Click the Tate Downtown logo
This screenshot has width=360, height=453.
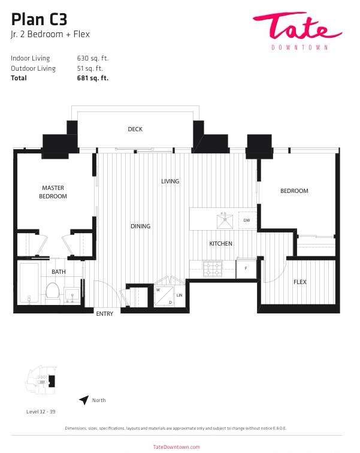pyautogui.click(x=297, y=31)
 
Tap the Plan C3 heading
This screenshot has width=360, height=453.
pyautogui.click(x=39, y=19)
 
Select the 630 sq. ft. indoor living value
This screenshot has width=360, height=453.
pyautogui.click(x=93, y=58)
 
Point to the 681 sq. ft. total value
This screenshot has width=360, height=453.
pyautogui.click(x=93, y=78)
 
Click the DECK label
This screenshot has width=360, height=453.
pyautogui.click(x=135, y=129)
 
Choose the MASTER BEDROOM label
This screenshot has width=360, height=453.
pyautogui.click(x=53, y=192)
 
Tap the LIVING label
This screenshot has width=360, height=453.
pyautogui.click(x=170, y=181)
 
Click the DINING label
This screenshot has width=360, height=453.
pyautogui.click(x=141, y=226)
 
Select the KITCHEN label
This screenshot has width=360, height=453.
pyautogui.click(x=220, y=243)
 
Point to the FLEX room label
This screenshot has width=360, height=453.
pyautogui.click(x=300, y=282)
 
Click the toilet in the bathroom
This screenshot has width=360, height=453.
pyautogui.click(x=53, y=293)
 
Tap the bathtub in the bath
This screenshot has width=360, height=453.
pyautogui.click(x=29, y=283)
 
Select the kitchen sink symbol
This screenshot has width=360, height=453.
pyautogui.click(x=225, y=221)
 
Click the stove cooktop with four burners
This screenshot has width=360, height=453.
pyautogui.click(x=213, y=268)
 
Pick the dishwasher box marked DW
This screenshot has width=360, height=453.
pyautogui.click(x=247, y=221)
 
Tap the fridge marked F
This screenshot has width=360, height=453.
pyautogui.click(x=246, y=268)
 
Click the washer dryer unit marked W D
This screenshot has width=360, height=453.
pyautogui.click(x=164, y=296)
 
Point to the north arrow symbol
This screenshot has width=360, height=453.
pyautogui.click(x=84, y=400)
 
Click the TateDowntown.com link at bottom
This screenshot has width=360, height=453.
pyautogui.click(x=176, y=447)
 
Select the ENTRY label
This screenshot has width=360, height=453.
pyautogui.click(x=104, y=314)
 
